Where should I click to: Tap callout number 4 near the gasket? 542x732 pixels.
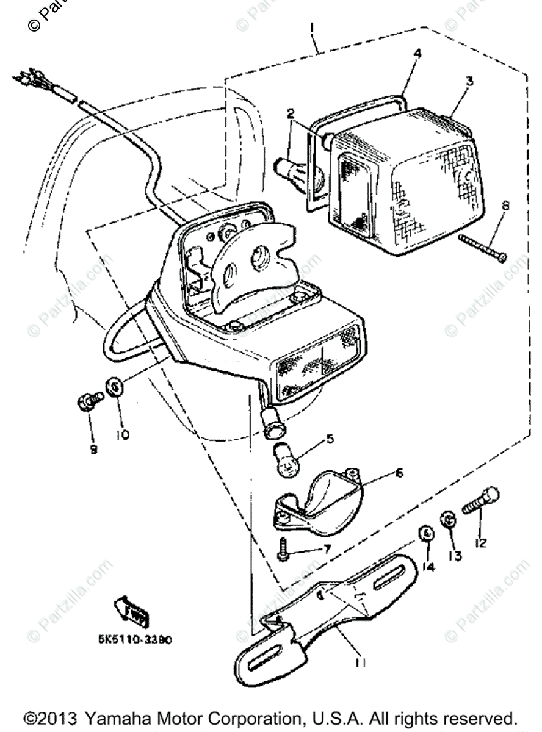point(417,54)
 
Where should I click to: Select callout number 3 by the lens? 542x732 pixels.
point(469,80)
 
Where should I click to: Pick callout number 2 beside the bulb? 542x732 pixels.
point(291,113)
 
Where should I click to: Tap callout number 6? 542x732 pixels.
point(383,472)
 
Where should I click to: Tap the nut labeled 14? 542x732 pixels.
point(426,535)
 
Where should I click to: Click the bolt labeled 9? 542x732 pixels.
point(90,402)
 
